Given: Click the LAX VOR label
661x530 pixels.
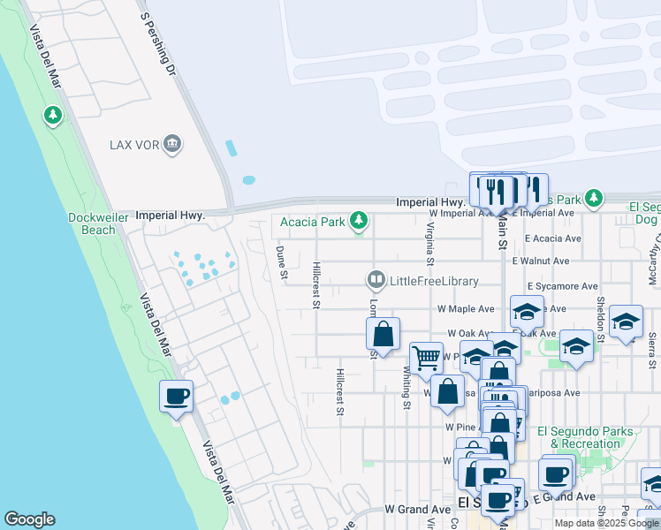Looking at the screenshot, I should pos(133,144).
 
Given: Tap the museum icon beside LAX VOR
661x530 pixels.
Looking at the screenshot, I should pos(172,144).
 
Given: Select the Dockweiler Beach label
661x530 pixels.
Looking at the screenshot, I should pos(92,223).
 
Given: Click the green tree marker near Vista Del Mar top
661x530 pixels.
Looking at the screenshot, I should pos(53,115).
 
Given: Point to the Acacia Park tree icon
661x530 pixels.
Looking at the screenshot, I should pos(359,221).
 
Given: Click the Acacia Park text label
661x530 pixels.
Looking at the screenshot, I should pos(312,222).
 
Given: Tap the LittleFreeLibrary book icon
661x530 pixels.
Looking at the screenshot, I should pos(376,281).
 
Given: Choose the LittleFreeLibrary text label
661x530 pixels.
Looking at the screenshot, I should pos(434,282).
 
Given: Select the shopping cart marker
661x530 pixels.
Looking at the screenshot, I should pos(426,358).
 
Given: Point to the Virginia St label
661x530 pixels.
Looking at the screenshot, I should pos(430,243).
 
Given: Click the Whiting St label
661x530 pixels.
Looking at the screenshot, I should pos(407,389).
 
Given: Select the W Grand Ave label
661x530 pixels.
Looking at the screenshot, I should pos(417,510).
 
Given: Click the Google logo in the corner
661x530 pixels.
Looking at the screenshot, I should pos(29,519).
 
